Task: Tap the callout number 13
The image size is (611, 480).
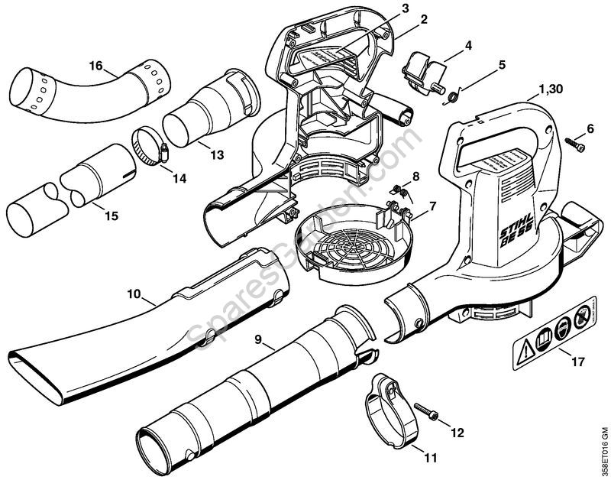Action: (217, 154)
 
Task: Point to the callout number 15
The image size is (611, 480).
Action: (112, 216)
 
